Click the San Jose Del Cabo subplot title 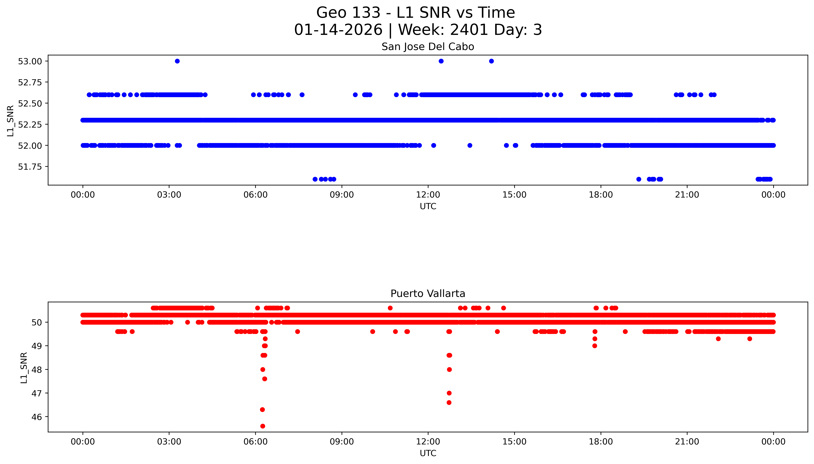428,47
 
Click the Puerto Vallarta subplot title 428,294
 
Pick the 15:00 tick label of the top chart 514,195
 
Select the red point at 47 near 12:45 449,393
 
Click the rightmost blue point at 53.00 491,61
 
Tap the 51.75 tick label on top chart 30,167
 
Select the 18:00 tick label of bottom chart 600,442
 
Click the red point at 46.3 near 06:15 262,410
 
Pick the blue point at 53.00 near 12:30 441,61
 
